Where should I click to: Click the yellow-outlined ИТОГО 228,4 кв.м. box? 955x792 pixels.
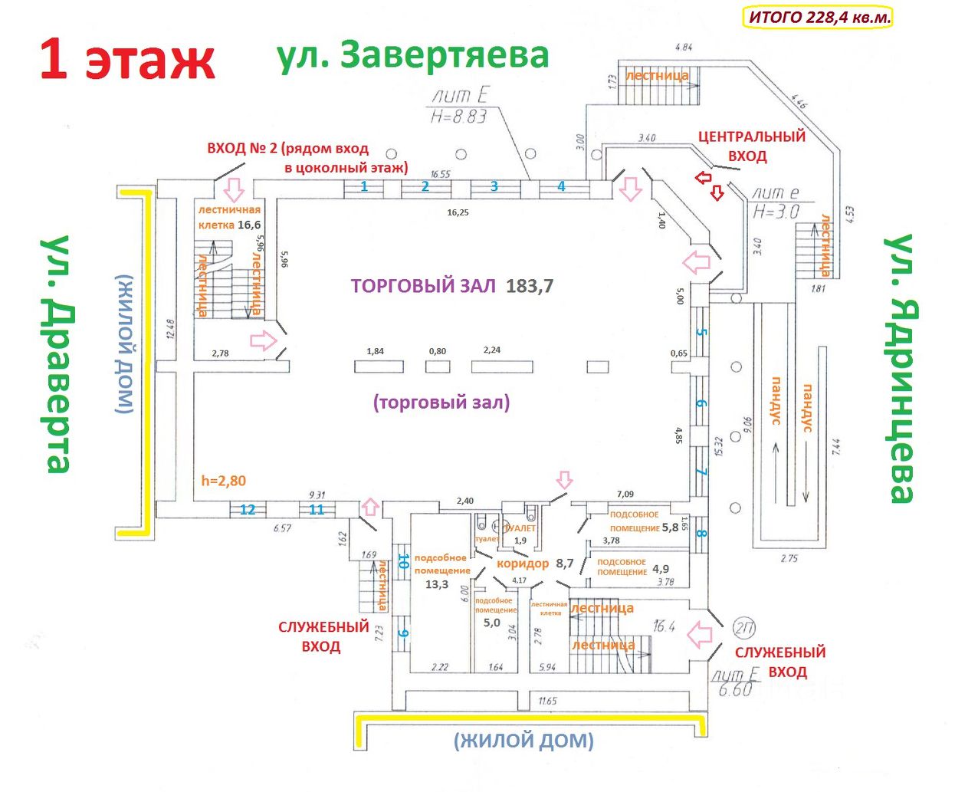click(817, 17)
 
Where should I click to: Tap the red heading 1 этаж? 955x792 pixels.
click(127, 60)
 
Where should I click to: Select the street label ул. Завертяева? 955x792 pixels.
click(413, 55)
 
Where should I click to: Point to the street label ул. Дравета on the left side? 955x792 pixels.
click(58, 354)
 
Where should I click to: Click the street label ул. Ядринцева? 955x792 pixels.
click(901, 368)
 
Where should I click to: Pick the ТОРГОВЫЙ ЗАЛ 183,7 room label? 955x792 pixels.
click(452, 286)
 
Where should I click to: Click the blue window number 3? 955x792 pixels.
click(494, 186)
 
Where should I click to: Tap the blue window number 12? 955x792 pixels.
click(248, 510)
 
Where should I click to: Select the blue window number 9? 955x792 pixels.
click(402, 633)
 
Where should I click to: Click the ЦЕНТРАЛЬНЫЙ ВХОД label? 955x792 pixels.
click(750, 146)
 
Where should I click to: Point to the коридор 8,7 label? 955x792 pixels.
click(535, 564)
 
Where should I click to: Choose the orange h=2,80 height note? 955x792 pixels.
click(224, 481)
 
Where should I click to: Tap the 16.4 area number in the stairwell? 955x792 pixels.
click(664, 626)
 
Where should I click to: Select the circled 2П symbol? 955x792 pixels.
click(743, 628)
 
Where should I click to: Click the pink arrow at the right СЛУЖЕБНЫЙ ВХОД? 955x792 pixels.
click(700, 635)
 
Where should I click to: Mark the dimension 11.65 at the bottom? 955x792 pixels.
click(547, 701)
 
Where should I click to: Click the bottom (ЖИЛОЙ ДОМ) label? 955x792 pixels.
click(523, 741)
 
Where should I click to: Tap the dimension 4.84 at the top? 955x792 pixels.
click(684, 48)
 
